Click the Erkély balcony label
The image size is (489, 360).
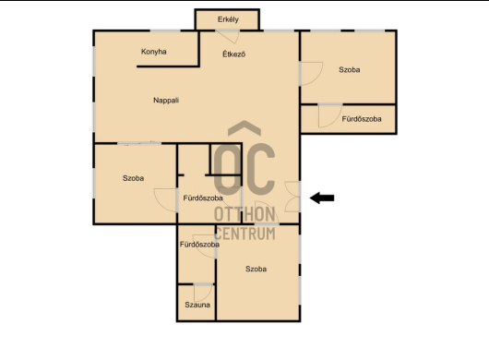pos(228,19)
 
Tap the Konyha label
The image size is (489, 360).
pos(154,52)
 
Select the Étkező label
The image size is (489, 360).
pos(234,54)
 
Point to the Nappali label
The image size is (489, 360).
pos(166,101)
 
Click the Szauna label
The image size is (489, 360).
pos(197,305)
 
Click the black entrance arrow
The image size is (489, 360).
pos(322,198)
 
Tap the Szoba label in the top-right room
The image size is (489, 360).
pos(350,70)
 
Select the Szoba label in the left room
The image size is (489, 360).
pos(133,178)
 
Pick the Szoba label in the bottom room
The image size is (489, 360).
pos(256,269)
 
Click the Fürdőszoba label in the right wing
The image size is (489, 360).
pos(362,119)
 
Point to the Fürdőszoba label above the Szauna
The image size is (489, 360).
pos(199,245)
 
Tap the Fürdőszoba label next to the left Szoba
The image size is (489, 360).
pos(203,198)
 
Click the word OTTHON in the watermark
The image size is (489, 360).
pos(244,214)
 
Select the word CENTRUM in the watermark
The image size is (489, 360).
pos(245,234)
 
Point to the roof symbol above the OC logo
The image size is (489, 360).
pos(244,128)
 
